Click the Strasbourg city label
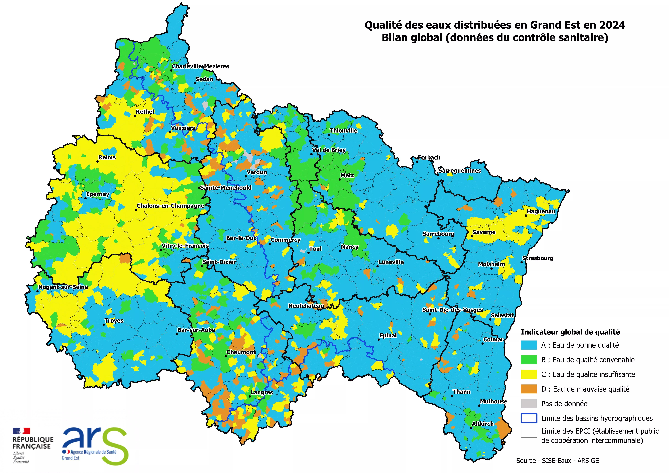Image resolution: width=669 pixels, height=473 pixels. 538,258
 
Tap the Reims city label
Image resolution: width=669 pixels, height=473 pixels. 107,157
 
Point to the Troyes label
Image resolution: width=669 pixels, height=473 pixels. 114,321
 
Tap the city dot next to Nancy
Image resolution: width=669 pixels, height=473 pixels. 340,251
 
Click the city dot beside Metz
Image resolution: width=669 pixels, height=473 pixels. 339,179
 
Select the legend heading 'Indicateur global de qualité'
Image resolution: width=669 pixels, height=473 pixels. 570,332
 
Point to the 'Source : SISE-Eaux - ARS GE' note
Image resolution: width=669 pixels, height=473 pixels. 557,460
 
